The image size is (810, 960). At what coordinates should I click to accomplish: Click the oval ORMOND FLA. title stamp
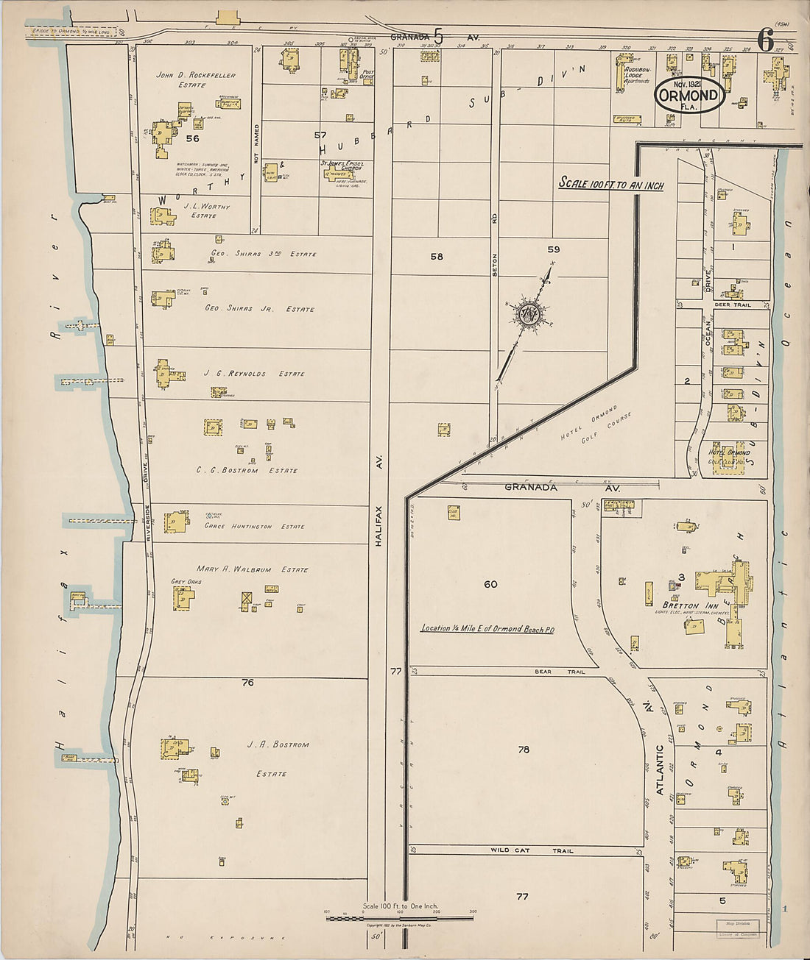pos(688,96)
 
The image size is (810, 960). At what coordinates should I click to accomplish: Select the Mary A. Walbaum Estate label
pos(253,569)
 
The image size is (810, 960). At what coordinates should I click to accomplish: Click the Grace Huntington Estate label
pos(254,527)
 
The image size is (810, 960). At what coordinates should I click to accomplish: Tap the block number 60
pos(490,584)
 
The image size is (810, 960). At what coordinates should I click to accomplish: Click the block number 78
pos(524,750)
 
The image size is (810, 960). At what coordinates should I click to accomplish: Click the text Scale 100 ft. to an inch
pos(611,184)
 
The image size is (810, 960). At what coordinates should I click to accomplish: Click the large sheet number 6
pos(765,40)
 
